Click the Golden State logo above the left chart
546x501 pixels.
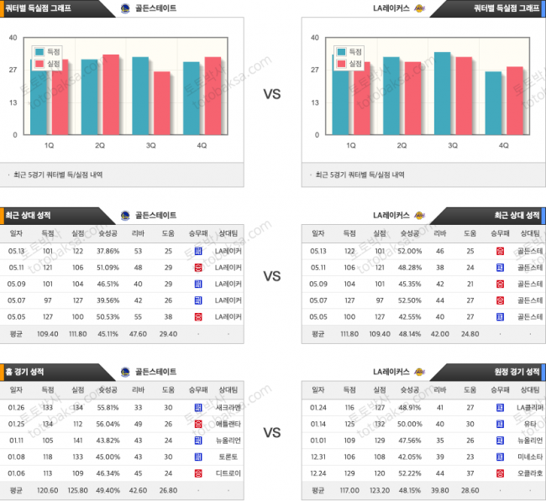click(125, 8)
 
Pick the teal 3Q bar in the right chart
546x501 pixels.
click(443, 93)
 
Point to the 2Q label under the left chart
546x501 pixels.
click(100, 145)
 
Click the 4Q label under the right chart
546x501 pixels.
click(503, 145)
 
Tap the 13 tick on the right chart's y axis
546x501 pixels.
click(313, 102)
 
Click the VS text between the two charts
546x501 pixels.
click(272, 94)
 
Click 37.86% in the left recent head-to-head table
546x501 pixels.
click(108, 251)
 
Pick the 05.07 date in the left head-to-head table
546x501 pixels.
click(16, 300)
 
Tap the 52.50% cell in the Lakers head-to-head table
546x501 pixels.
click(409, 300)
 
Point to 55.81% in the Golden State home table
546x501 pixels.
click(108, 406)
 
